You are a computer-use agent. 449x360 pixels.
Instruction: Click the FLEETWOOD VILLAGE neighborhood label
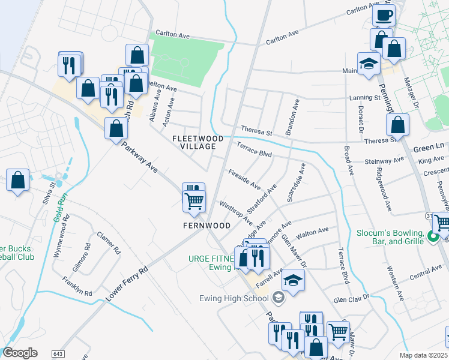coord(197,142)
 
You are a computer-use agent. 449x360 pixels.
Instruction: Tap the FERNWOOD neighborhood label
coord(207,226)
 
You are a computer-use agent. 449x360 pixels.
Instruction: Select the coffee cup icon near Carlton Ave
coord(384,15)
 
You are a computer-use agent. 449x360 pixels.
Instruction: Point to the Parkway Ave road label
coord(139,157)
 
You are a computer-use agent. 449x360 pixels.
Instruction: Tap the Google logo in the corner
coord(20,352)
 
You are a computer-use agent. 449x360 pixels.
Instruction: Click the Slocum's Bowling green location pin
coord(433,239)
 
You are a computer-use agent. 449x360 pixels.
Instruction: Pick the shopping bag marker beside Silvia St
coord(18,180)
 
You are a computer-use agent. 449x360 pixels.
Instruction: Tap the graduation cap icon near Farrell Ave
coord(292,281)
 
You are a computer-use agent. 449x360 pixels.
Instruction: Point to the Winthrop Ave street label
coord(235,214)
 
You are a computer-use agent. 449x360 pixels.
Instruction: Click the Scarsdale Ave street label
coord(296,182)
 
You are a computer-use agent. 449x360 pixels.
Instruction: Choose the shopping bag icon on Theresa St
coord(397,125)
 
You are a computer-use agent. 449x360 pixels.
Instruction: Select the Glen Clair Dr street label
coord(354,298)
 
